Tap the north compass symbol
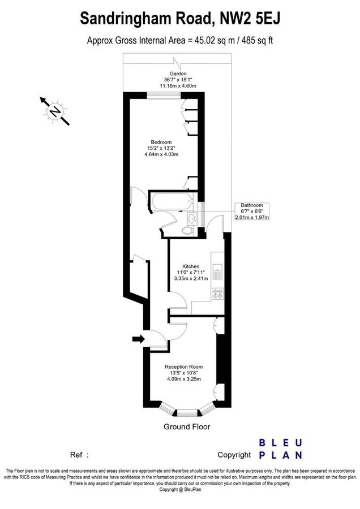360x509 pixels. point(55,111)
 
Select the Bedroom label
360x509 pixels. point(161,141)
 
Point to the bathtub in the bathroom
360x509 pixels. point(169,200)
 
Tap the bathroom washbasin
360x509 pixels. point(193,217)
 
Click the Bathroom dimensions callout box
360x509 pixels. point(252,211)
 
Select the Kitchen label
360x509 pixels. point(190,266)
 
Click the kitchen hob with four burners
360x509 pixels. point(217,294)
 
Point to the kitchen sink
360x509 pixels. point(217,270)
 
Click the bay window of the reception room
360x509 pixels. point(186,408)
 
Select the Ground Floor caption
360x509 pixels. point(187,427)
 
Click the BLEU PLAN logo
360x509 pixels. point(281,449)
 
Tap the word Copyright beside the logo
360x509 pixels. point(234,455)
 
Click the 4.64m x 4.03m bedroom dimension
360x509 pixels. point(161,155)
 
